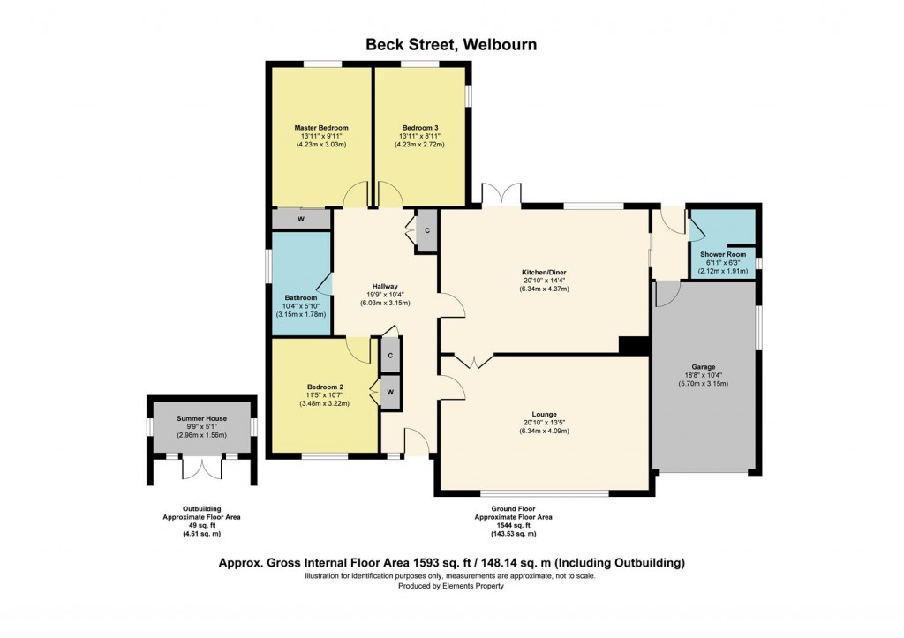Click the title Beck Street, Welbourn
tap(452, 45)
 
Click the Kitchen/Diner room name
tap(544, 273)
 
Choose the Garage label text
tap(704, 367)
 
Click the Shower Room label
tap(723, 255)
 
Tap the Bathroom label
tap(300, 297)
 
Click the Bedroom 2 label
tap(326, 387)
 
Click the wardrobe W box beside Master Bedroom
tap(301, 218)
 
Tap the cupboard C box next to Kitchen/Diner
tap(427, 231)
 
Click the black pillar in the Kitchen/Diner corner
tap(632, 347)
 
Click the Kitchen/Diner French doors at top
tap(501, 195)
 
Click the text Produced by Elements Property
tap(451, 586)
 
